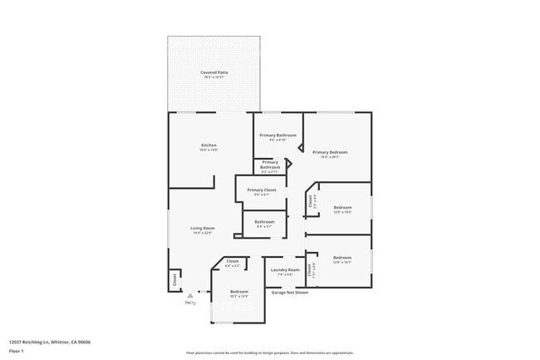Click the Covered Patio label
pyautogui.click(x=214, y=73)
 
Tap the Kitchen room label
pyautogui.click(x=209, y=145)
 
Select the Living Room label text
pyautogui.click(x=203, y=228)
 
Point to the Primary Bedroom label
pyautogui.click(x=330, y=152)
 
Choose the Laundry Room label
pyautogui.click(x=285, y=269)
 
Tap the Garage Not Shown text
pyautogui.click(x=290, y=292)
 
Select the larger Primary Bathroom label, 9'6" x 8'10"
pyautogui.click(x=277, y=135)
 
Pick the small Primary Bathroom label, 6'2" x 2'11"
pyautogui.click(x=270, y=165)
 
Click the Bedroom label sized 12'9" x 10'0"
pyautogui.click(x=342, y=207)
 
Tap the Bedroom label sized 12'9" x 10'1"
pyautogui.click(x=342, y=258)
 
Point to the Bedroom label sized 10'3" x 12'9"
pyautogui.click(x=239, y=292)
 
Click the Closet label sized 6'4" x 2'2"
pyautogui.click(x=233, y=262)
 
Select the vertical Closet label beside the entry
pyautogui.click(x=175, y=280)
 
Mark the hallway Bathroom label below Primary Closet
pyautogui.click(x=264, y=221)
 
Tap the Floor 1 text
pyautogui.click(x=17, y=351)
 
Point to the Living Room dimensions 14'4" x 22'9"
pyautogui.click(x=203, y=234)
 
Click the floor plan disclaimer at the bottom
pyautogui.click(x=269, y=353)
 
